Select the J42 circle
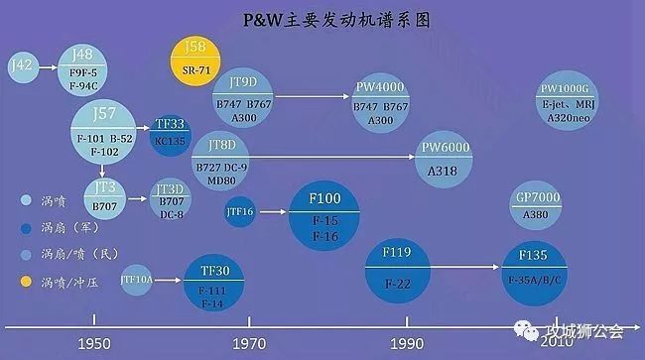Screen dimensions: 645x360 tap(22, 67)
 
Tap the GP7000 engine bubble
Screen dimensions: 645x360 tap(539, 207)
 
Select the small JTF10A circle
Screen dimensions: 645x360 tap(137, 281)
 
